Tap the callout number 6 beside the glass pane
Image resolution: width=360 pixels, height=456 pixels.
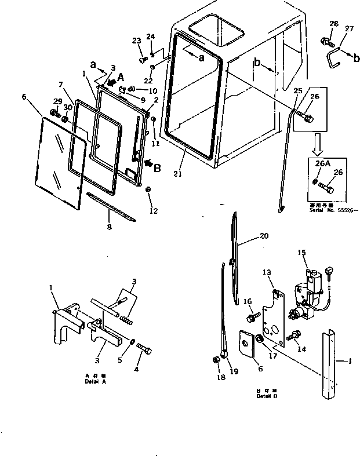click(x=24, y=96)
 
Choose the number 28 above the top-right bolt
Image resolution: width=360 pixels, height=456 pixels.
click(x=333, y=24)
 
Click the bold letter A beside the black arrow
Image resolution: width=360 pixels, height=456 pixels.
click(x=121, y=77)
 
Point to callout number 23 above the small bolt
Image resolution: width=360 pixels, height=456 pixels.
click(x=136, y=40)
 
